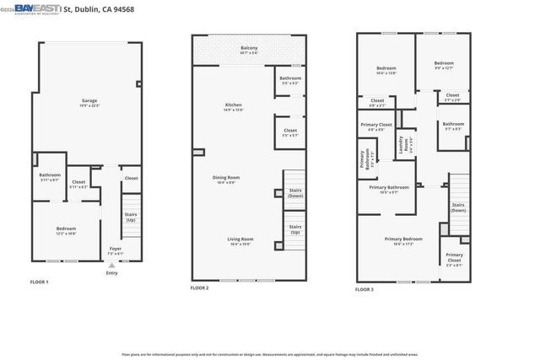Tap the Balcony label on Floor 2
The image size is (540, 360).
coord(248,50)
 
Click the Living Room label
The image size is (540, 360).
coord(240,241)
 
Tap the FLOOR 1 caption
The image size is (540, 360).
coord(40,282)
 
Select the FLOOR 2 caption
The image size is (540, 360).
coord(201,288)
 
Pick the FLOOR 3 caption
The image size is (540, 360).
coord(364,289)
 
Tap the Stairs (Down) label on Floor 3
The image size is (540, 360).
coord(458,207)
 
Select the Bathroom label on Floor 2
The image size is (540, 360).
coord(290,81)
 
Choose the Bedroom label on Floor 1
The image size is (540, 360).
coord(66,230)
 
